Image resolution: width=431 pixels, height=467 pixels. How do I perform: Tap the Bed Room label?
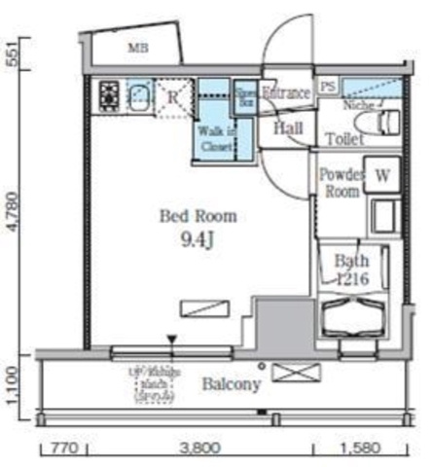click(x=198, y=216)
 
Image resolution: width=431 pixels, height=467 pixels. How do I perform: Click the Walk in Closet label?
click(x=215, y=137)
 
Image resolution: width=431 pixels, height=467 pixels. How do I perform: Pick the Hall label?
click(x=287, y=128)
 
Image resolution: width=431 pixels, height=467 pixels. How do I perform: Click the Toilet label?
click(x=346, y=139)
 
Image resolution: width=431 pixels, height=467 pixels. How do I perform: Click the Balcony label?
click(x=231, y=385)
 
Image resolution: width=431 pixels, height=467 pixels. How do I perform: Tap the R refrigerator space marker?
click(x=171, y=95)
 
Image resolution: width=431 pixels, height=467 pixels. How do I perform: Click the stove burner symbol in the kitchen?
click(x=107, y=95)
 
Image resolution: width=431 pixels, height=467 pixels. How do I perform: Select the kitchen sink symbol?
click(x=138, y=94)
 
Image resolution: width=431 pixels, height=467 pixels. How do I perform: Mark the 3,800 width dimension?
click(x=199, y=450)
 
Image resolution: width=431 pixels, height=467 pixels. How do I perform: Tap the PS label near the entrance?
click(x=328, y=86)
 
